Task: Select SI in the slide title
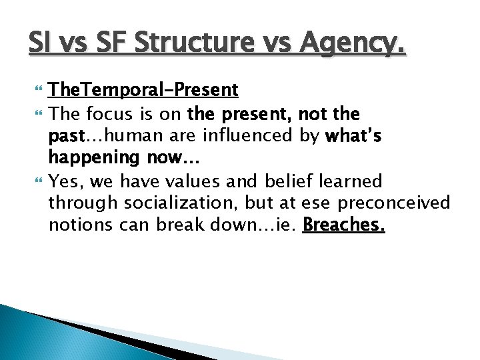(x=39, y=43)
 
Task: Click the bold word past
(x=65, y=137)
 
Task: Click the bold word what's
(x=353, y=137)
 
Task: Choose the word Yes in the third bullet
(x=65, y=182)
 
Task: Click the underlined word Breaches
(x=343, y=226)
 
